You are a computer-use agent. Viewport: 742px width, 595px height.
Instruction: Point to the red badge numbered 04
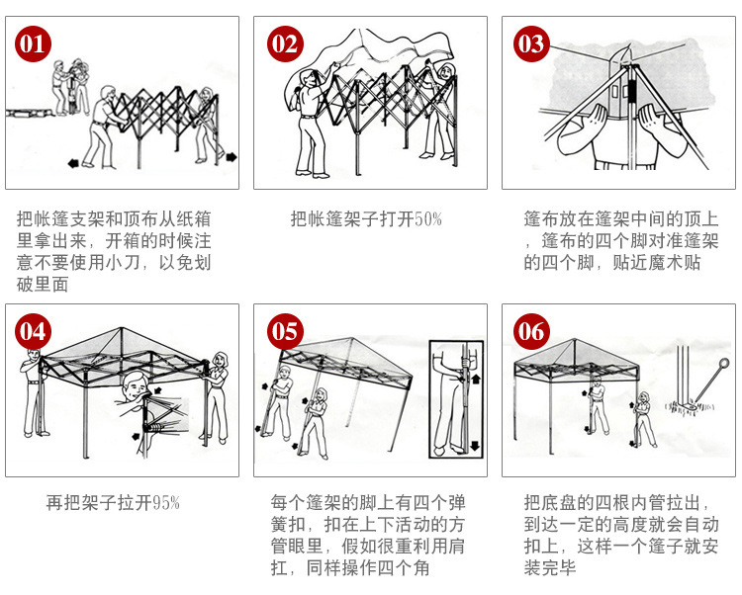pyautogui.click(x=33, y=330)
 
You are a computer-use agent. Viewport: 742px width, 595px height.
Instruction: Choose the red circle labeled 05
pyautogui.click(x=285, y=330)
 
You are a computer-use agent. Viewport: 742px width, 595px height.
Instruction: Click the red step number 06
pyautogui.click(x=531, y=330)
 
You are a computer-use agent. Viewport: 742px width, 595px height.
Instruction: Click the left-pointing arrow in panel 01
pyautogui.click(x=72, y=161)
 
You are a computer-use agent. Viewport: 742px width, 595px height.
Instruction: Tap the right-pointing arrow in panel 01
pyautogui.click(x=230, y=156)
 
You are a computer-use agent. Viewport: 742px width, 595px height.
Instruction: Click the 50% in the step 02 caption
pyautogui.click(x=427, y=219)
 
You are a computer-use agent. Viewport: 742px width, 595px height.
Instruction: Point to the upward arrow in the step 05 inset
pyautogui.click(x=475, y=379)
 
